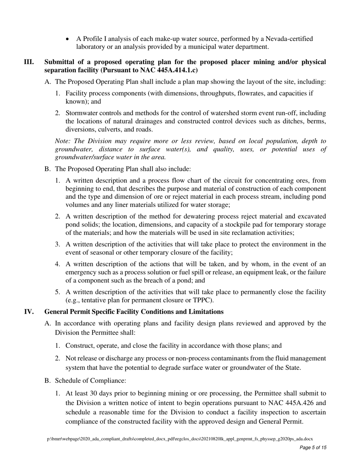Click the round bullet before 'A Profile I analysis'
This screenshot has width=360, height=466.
pyautogui.click(x=68, y=39)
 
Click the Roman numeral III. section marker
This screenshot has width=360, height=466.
pyautogui.click(x=29, y=62)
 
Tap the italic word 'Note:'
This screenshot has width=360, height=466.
pyautogui.click(x=63, y=141)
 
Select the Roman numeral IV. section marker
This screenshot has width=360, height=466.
pyautogui.click(x=29, y=311)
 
